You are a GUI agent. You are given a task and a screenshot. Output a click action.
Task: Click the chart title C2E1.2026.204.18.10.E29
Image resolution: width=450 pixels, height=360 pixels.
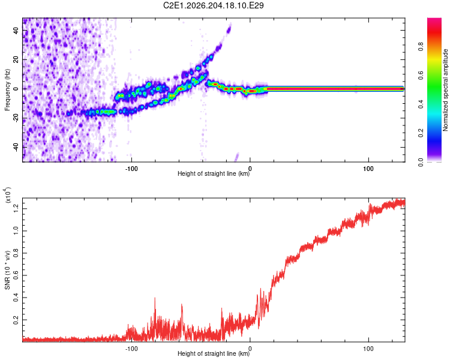[213, 5]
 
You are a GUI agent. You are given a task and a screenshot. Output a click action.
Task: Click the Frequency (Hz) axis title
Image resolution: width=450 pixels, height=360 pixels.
[7, 90]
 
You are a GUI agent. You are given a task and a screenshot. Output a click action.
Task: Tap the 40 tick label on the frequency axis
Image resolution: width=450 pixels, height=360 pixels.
[16, 31]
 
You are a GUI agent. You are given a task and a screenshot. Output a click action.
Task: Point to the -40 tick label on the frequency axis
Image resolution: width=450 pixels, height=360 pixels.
[16, 148]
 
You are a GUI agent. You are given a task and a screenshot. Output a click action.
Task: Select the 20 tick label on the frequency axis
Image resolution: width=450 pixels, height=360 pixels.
[16, 60]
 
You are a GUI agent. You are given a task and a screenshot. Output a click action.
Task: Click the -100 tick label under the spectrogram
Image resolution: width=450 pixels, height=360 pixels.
[131, 169]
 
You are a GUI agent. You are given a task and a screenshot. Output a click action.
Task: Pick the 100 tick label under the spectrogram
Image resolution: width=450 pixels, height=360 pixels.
[368, 169]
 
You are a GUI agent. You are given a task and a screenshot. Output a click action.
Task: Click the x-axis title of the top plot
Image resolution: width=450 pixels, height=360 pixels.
[214, 173]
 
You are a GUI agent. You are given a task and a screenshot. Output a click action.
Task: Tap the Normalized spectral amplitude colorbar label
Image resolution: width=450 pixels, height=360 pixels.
[445, 90]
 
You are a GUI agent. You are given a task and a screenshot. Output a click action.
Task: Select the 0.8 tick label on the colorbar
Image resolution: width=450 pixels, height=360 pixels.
[421, 47]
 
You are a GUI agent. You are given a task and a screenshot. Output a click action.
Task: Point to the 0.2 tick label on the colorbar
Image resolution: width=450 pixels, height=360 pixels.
[421, 133]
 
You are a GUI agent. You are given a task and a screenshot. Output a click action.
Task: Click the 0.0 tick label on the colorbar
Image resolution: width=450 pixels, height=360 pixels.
[421, 162]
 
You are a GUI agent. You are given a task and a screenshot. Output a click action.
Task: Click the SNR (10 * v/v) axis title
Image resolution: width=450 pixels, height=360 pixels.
[7, 270]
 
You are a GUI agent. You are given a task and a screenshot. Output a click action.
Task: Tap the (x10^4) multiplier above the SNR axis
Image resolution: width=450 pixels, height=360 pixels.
[8, 195]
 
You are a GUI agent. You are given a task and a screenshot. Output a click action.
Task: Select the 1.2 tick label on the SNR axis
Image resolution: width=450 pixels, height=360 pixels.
[16, 209]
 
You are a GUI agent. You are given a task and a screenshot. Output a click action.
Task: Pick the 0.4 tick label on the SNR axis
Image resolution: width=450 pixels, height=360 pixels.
[16, 298]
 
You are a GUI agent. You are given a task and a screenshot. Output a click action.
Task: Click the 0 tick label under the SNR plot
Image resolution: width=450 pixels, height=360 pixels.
[250, 349]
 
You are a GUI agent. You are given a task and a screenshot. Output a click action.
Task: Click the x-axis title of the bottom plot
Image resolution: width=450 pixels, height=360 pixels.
[214, 353]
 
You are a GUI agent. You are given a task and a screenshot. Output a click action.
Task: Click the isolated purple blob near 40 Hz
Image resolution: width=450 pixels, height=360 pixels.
[229, 29]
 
